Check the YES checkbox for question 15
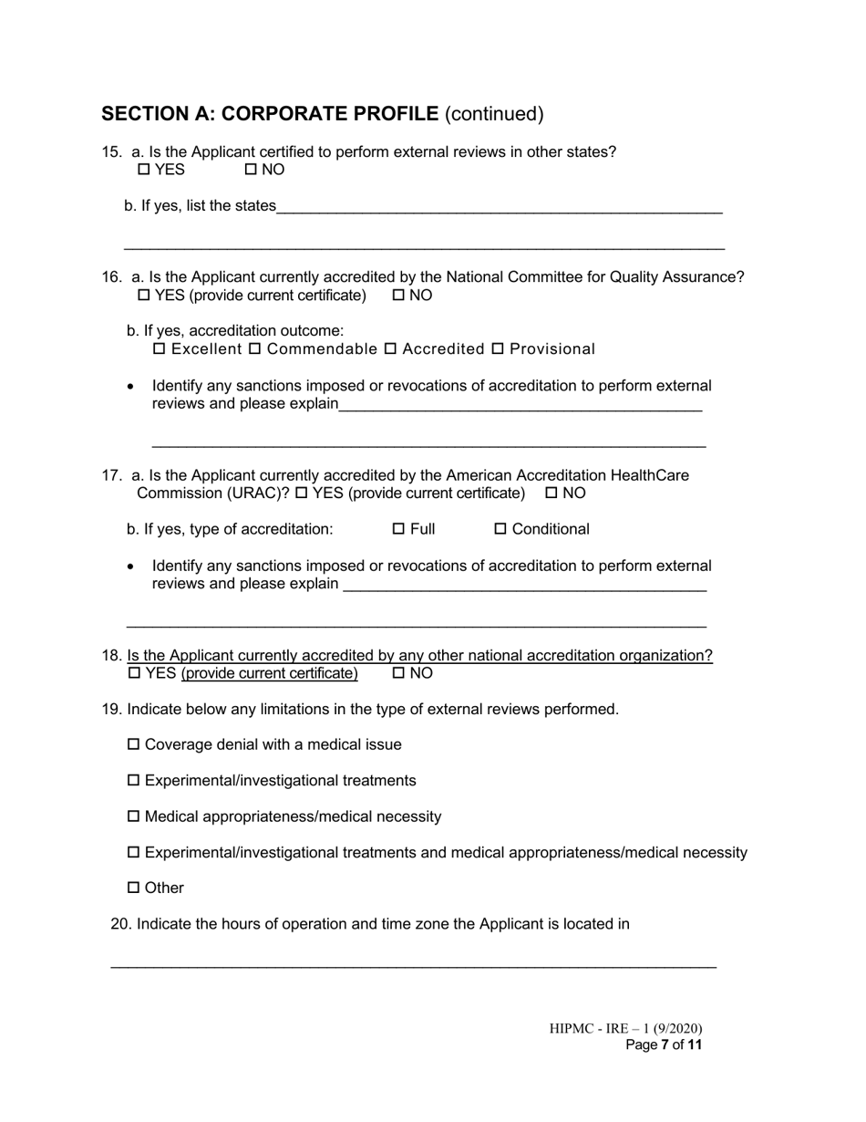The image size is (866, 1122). pyautogui.click(x=144, y=170)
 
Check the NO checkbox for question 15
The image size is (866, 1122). pyautogui.click(x=252, y=170)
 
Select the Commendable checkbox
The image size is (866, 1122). pyautogui.click(x=255, y=349)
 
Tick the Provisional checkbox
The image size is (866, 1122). pyautogui.click(x=498, y=349)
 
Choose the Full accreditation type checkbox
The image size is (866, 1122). pyautogui.click(x=398, y=529)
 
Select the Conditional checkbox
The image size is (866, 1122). pyautogui.click(x=500, y=529)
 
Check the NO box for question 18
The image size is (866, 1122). pyautogui.click(x=398, y=674)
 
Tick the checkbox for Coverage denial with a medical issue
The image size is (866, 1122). pyautogui.click(x=134, y=745)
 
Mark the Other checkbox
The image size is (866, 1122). pyautogui.click(x=134, y=888)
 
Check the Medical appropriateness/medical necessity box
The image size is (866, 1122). pyautogui.click(x=134, y=817)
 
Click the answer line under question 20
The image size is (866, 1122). pyautogui.click(x=413, y=964)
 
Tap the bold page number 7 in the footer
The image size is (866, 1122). pyautogui.click(x=665, y=1045)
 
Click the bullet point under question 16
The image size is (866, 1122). pyautogui.click(x=131, y=387)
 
